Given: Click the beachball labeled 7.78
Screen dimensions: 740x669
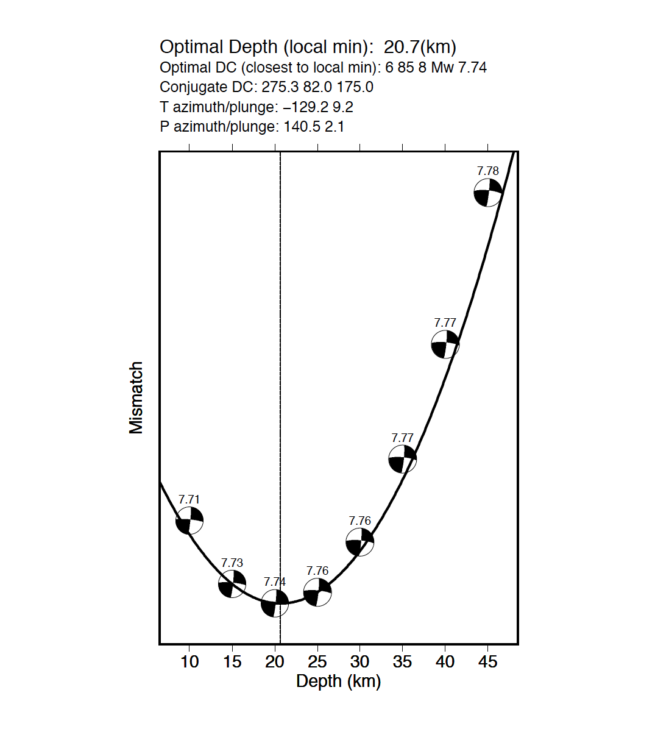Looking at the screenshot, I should [x=488, y=193].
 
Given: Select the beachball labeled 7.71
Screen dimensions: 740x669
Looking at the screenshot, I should [x=189, y=521].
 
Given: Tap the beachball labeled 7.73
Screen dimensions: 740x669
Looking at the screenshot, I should [x=232, y=584].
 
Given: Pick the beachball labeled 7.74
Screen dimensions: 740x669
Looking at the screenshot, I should [x=275, y=603].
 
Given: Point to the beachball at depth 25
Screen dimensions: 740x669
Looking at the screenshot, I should [x=317, y=592].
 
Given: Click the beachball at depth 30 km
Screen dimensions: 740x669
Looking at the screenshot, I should [x=360, y=542].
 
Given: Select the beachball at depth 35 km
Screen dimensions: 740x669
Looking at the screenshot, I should [x=403, y=459].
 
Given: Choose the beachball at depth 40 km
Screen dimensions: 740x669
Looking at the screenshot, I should [x=445, y=345].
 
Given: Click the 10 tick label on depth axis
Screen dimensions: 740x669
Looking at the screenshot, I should [x=189, y=661].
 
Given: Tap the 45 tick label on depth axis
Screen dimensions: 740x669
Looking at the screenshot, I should [x=488, y=661].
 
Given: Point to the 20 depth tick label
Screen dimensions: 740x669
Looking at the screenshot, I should [x=275, y=661].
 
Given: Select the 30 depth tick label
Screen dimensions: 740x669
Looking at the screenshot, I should [x=360, y=661].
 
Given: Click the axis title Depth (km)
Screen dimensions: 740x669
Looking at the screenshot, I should [x=339, y=681].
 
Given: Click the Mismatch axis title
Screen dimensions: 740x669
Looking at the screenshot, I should [x=136, y=397].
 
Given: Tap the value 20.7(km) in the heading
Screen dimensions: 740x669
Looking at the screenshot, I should [x=420, y=47].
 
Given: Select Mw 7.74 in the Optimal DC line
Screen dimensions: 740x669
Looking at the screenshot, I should [x=459, y=68].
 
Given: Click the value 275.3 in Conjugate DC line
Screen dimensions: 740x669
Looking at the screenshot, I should [x=280, y=87].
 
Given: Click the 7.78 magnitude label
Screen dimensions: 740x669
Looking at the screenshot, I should [x=488, y=171].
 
